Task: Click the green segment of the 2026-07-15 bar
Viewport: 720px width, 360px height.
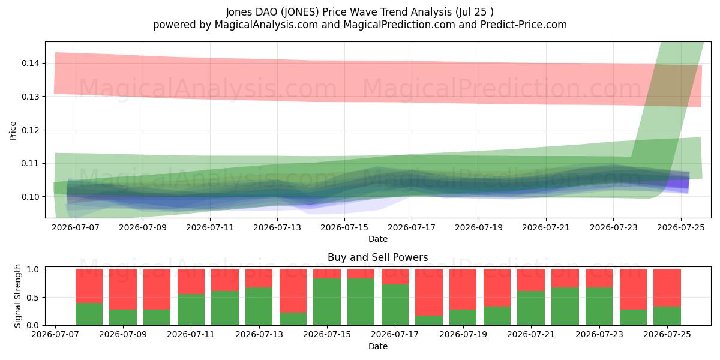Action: coord(327,301)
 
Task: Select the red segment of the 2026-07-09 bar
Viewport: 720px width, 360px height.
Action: coord(123,289)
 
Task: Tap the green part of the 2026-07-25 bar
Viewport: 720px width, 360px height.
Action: coord(667,316)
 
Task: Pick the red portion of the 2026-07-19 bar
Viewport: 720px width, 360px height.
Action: coord(463,289)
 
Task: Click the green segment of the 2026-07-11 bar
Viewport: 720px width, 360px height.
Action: coord(191,310)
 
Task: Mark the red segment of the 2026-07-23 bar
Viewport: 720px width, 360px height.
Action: coord(599,278)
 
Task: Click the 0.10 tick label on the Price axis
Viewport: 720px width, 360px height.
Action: coord(31,197)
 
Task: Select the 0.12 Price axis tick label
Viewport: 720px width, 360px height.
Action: coord(31,130)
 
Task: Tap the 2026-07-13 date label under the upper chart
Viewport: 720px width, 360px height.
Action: coord(277,227)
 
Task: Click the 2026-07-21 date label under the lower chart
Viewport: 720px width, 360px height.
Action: coord(531,334)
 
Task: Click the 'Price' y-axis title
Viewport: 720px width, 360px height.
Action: coord(13,131)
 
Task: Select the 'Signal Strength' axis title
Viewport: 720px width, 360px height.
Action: coord(17,296)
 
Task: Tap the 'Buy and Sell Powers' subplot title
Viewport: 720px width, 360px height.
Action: coord(377,257)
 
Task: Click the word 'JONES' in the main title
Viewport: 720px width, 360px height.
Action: coord(299,12)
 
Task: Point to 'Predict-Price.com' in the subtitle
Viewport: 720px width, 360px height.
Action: coord(524,25)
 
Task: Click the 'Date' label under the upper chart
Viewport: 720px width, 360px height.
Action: coord(378,239)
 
